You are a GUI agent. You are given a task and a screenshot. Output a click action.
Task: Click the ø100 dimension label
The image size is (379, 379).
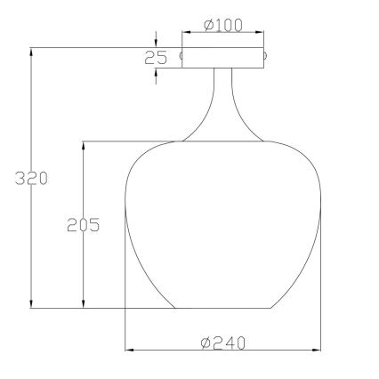tap(223, 26)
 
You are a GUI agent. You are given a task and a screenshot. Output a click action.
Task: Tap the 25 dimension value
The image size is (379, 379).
tap(157, 59)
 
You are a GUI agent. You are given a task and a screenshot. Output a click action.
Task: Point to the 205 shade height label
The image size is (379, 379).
tap(83, 224)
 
